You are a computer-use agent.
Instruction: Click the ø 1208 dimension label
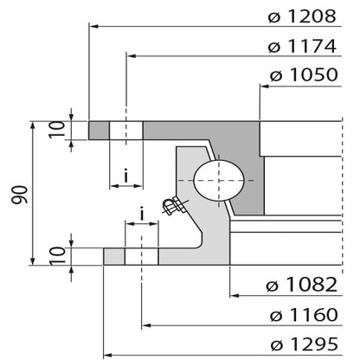(301, 16)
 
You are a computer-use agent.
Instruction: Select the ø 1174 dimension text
(301, 46)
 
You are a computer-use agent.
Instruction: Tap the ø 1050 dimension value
(303, 75)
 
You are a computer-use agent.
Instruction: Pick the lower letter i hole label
(141, 214)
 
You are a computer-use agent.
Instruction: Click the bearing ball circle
(219, 183)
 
